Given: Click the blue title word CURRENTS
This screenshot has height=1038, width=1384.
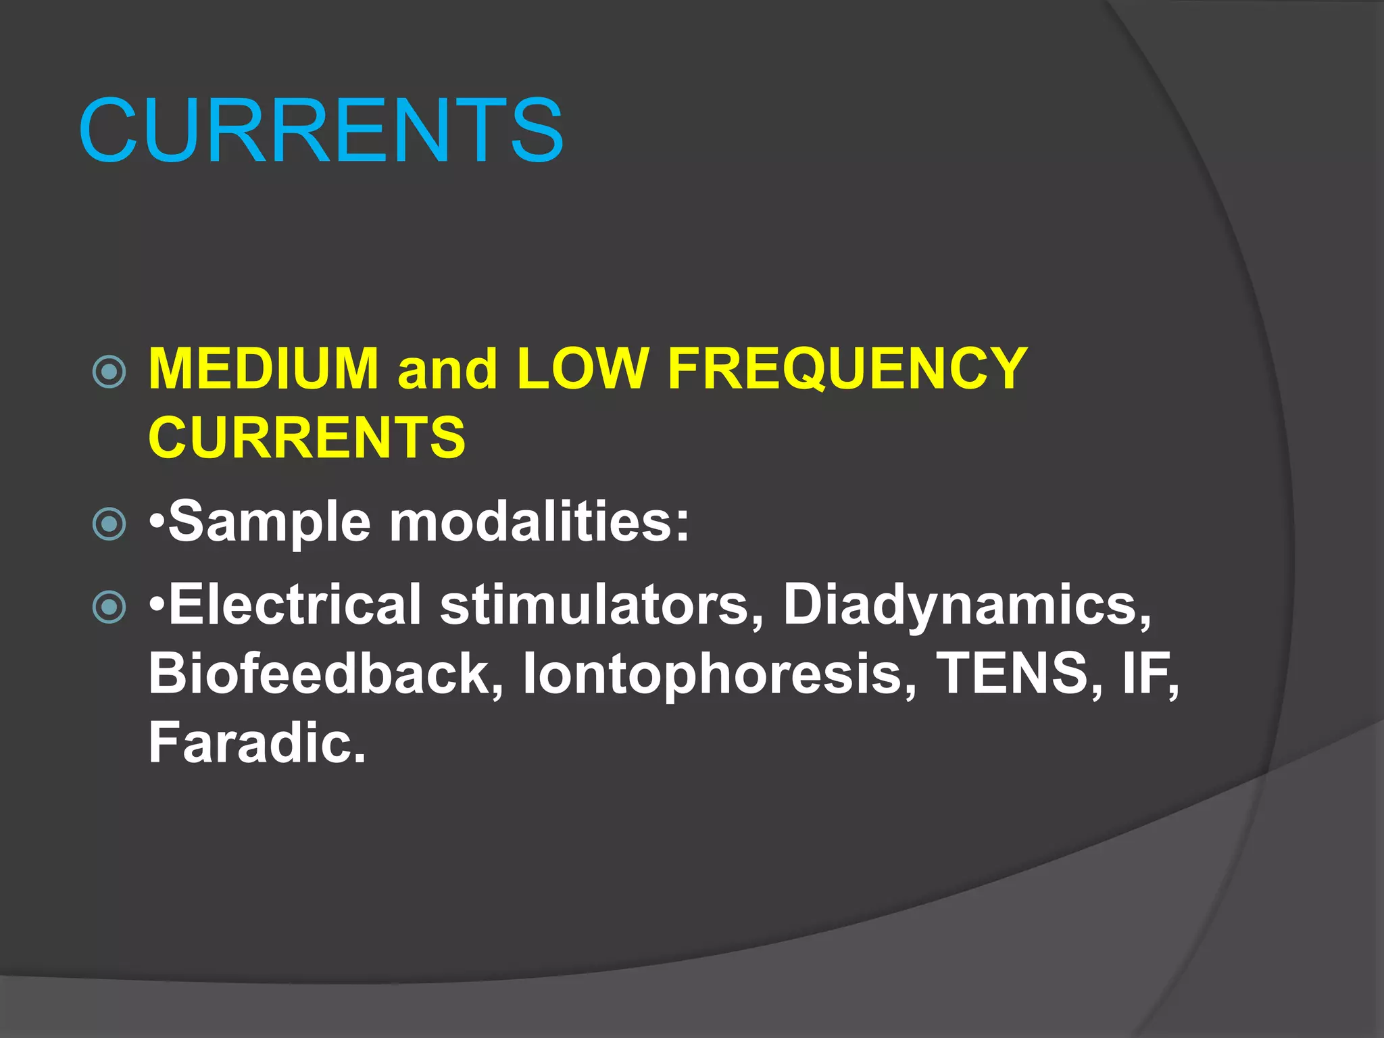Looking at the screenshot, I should pyautogui.click(x=321, y=130).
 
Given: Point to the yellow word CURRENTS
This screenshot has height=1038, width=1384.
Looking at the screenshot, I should pyautogui.click(x=307, y=437).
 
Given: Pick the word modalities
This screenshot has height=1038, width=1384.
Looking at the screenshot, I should pyautogui.click(x=530, y=522).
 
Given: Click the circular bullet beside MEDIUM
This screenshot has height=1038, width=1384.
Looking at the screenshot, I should pyautogui.click(x=109, y=371).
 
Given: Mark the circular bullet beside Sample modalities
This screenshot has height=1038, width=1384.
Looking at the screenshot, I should pyautogui.click(x=109, y=524).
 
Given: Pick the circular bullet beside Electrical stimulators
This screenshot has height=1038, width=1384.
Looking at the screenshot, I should pyautogui.click(x=109, y=606).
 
